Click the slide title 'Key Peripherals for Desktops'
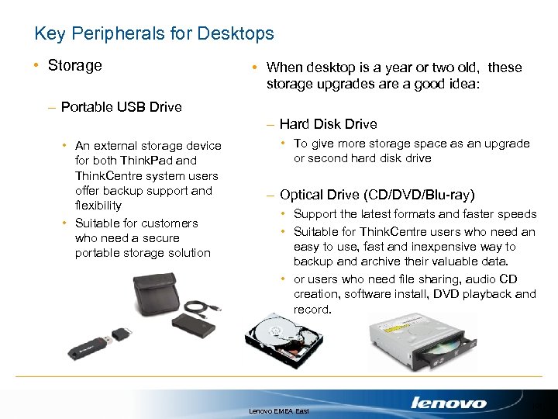click(x=154, y=33)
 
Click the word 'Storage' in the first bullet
click(x=74, y=65)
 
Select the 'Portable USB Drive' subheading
click(x=121, y=107)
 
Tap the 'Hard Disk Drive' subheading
click(x=328, y=123)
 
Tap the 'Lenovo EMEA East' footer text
click(x=279, y=409)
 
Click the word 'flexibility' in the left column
click(x=98, y=206)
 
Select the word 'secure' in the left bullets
click(x=160, y=238)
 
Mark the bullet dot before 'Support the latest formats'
click(x=284, y=214)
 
